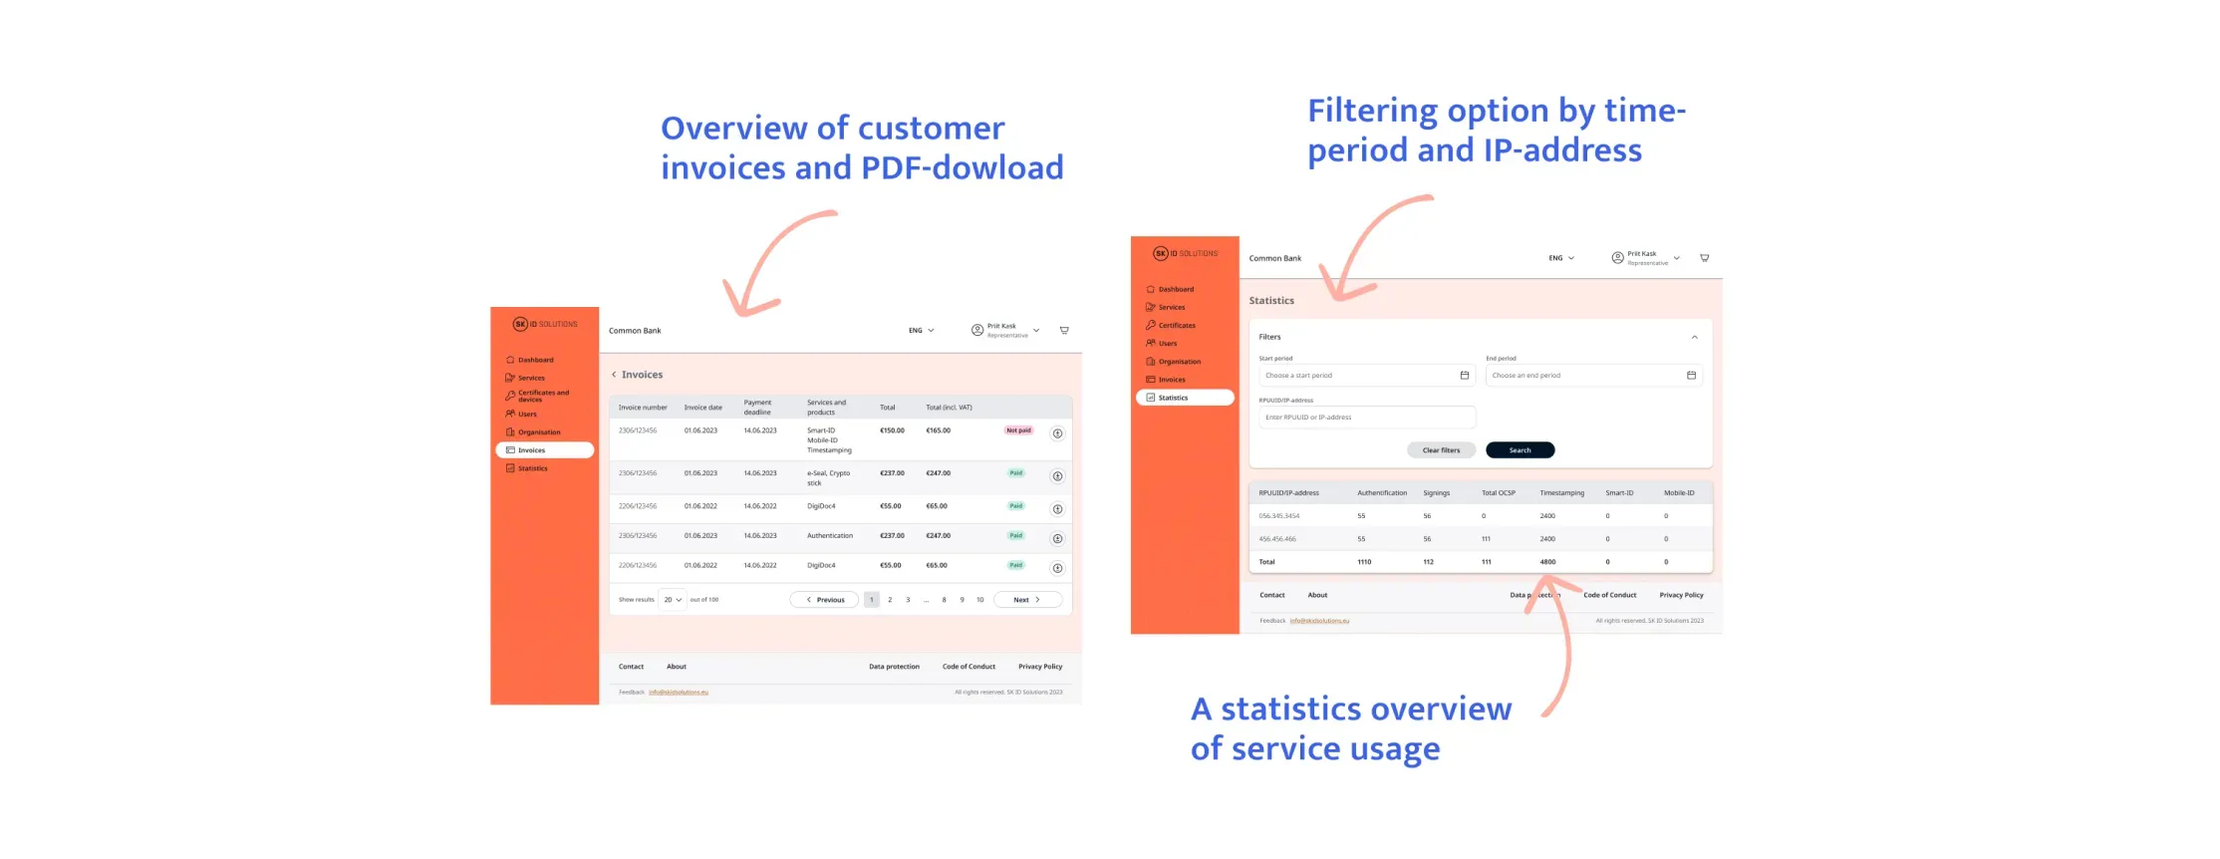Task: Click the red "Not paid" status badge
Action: (x=1018, y=430)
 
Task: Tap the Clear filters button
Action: (x=1441, y=450)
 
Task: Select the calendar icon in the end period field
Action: (x=1691, y=376)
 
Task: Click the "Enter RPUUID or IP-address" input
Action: (x=1366, y=418)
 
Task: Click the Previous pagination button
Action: (x=824, y=600)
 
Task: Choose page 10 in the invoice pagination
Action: (x=980, y=600)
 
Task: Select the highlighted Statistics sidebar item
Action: (x=1185, y=398)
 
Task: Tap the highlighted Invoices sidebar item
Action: (x=544, y=450)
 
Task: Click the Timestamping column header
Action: (x=1561, y=493)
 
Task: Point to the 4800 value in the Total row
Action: (x=1547, y=562)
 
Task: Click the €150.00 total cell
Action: (x=892, y=430)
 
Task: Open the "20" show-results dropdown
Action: (x=673, y=600)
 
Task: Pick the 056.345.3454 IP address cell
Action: (x=1278, y=516)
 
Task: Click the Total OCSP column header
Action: (x=1498, y=493)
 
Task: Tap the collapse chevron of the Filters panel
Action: (x=1694, y=338)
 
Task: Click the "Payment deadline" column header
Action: (x=757, y=408)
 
